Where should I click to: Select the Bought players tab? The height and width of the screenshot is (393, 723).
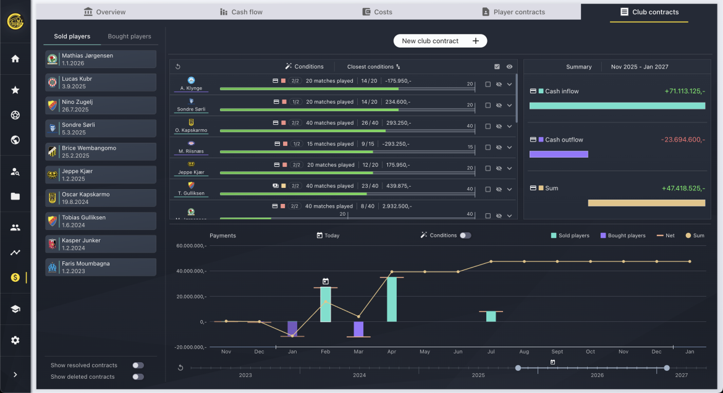129,36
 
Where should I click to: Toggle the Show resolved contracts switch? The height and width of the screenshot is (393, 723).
138,365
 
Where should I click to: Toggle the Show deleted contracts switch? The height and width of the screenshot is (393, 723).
138,376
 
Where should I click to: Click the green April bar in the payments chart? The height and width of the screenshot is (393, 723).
392,299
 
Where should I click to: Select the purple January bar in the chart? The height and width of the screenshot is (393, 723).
292,329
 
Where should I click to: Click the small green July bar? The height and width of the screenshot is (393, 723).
491,316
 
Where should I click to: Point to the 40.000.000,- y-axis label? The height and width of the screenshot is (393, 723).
191,271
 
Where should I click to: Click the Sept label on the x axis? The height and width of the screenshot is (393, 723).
557,352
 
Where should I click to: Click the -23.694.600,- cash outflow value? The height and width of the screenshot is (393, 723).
683,140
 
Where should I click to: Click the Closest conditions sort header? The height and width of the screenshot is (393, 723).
373,67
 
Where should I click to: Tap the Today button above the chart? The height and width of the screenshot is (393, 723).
328,235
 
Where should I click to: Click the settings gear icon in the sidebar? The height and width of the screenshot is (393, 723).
15,340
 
